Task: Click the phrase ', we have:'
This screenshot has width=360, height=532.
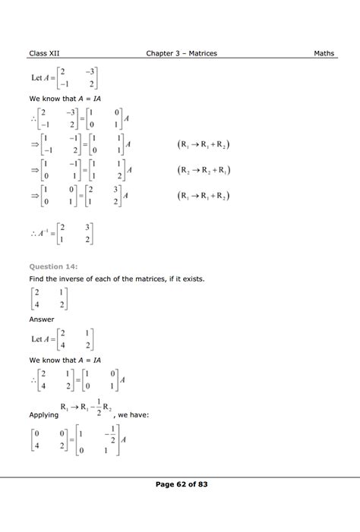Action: (137, 415)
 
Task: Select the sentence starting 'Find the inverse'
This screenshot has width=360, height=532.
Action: (116, 279)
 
